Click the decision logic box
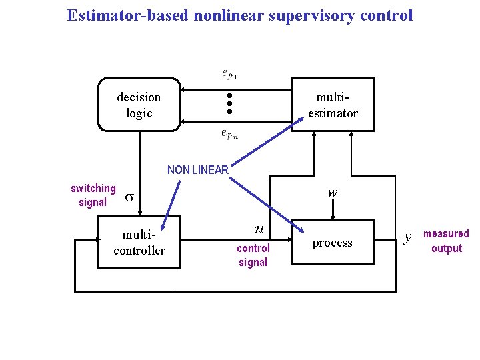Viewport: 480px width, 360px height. pos(139,105)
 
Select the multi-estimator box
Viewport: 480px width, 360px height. pos(332,105)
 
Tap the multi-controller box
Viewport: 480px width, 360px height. pos(139,243)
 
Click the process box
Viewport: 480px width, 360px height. pos(332,243)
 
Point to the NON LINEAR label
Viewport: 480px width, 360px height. pos(198,170)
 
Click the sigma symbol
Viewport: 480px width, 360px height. pos(131,198)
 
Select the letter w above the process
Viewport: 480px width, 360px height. pos(332,193)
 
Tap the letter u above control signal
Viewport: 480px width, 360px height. pos(259,229)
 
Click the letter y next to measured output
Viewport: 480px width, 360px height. pos(408,237)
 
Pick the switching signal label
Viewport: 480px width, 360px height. pos(93,195)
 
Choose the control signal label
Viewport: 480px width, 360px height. pos(253,255)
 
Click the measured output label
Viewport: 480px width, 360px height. pos(446,241)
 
